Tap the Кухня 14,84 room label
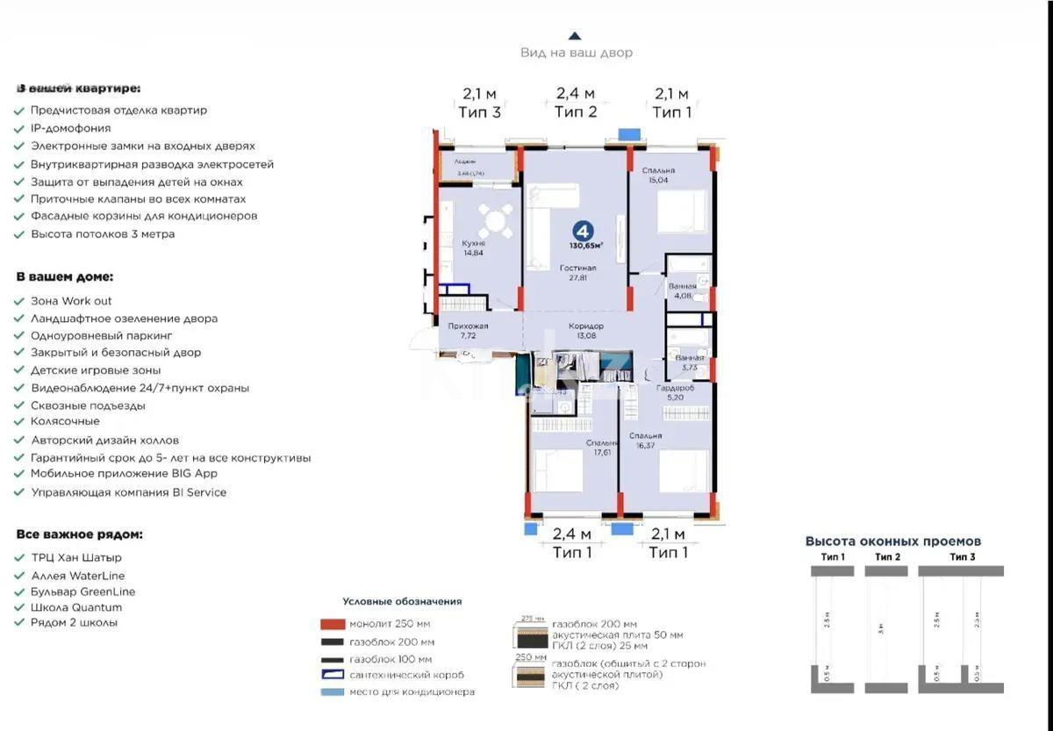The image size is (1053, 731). (x=474, y=247)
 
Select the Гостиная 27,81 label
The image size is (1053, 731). (x=577, y=272)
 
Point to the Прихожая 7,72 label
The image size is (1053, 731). (x=468, y=330)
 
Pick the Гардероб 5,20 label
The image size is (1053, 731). (x=675, y=391)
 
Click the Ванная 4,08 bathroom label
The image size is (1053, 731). (x=681, y=290)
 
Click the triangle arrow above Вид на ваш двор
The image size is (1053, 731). (x=575, y=36)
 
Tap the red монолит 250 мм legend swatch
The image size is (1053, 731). (x=332, y=624)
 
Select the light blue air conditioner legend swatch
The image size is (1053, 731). (x=332, y=692)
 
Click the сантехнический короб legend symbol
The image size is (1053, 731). (x=332, y=675)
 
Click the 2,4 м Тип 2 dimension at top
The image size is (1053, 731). (x=576, y=103)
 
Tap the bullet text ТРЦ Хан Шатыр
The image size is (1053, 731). (x=76, y=557)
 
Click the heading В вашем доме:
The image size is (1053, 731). (x=64, y=276)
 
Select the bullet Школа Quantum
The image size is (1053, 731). (x=76, y=607)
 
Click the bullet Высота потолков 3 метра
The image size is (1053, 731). (x=103, y=234)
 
